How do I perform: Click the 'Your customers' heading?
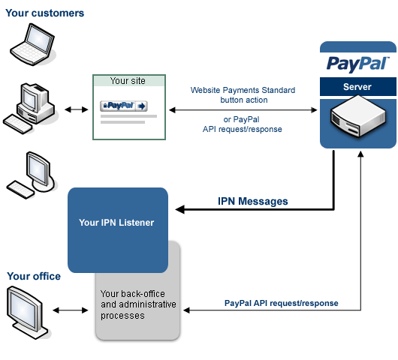[x=45, y=13]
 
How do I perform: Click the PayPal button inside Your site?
[x=124, y=106]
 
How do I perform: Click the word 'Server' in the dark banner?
[x=357, y=87]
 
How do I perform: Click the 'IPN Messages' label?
[x=252, y=202]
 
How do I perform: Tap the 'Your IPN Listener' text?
[x=117, y=223]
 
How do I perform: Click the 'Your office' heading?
[x=34, y=276]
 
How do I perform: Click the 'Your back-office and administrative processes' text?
[x=138, y=304]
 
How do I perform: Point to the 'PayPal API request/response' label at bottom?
[x=281, y=303]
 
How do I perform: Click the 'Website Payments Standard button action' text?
[x=243, y=94]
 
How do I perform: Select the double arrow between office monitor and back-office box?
[x=71, y=309]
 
